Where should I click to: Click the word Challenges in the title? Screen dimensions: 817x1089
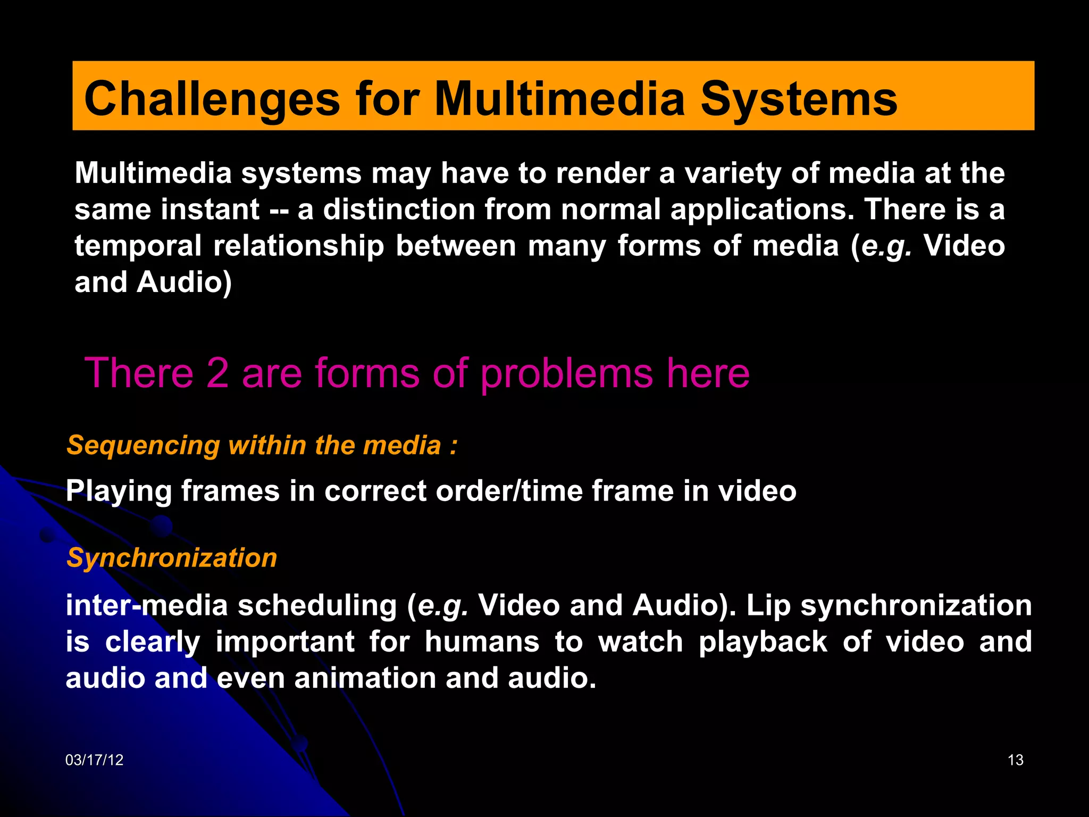pyautogui.click(x=212, y=99)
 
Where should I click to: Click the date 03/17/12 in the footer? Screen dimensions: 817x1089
pyautogui.click(x=94, y=760)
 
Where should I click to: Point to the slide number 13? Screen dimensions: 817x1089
pyautogui.click(x=1015, y=760)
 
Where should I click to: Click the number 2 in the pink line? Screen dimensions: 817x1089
pyautogui.click(x=217, y=373)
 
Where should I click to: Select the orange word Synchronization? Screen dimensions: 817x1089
pyautogui.click(x=172, y=558)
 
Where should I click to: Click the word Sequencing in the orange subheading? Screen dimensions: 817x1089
pyautogui.click(x=143, y=446)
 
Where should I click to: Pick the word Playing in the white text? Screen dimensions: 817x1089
pyautogui.click(x=119, y=491)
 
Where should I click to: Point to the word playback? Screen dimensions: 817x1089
pyautogui.click(x=763, y=641)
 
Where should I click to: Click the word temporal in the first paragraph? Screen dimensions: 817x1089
pyautogui.click(x=138, y=246)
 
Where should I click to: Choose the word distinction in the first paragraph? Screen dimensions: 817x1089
pyautogui.click(x=399, y=209)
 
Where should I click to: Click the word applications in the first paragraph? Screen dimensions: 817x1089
pyautogui.click(x=762, y=210)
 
